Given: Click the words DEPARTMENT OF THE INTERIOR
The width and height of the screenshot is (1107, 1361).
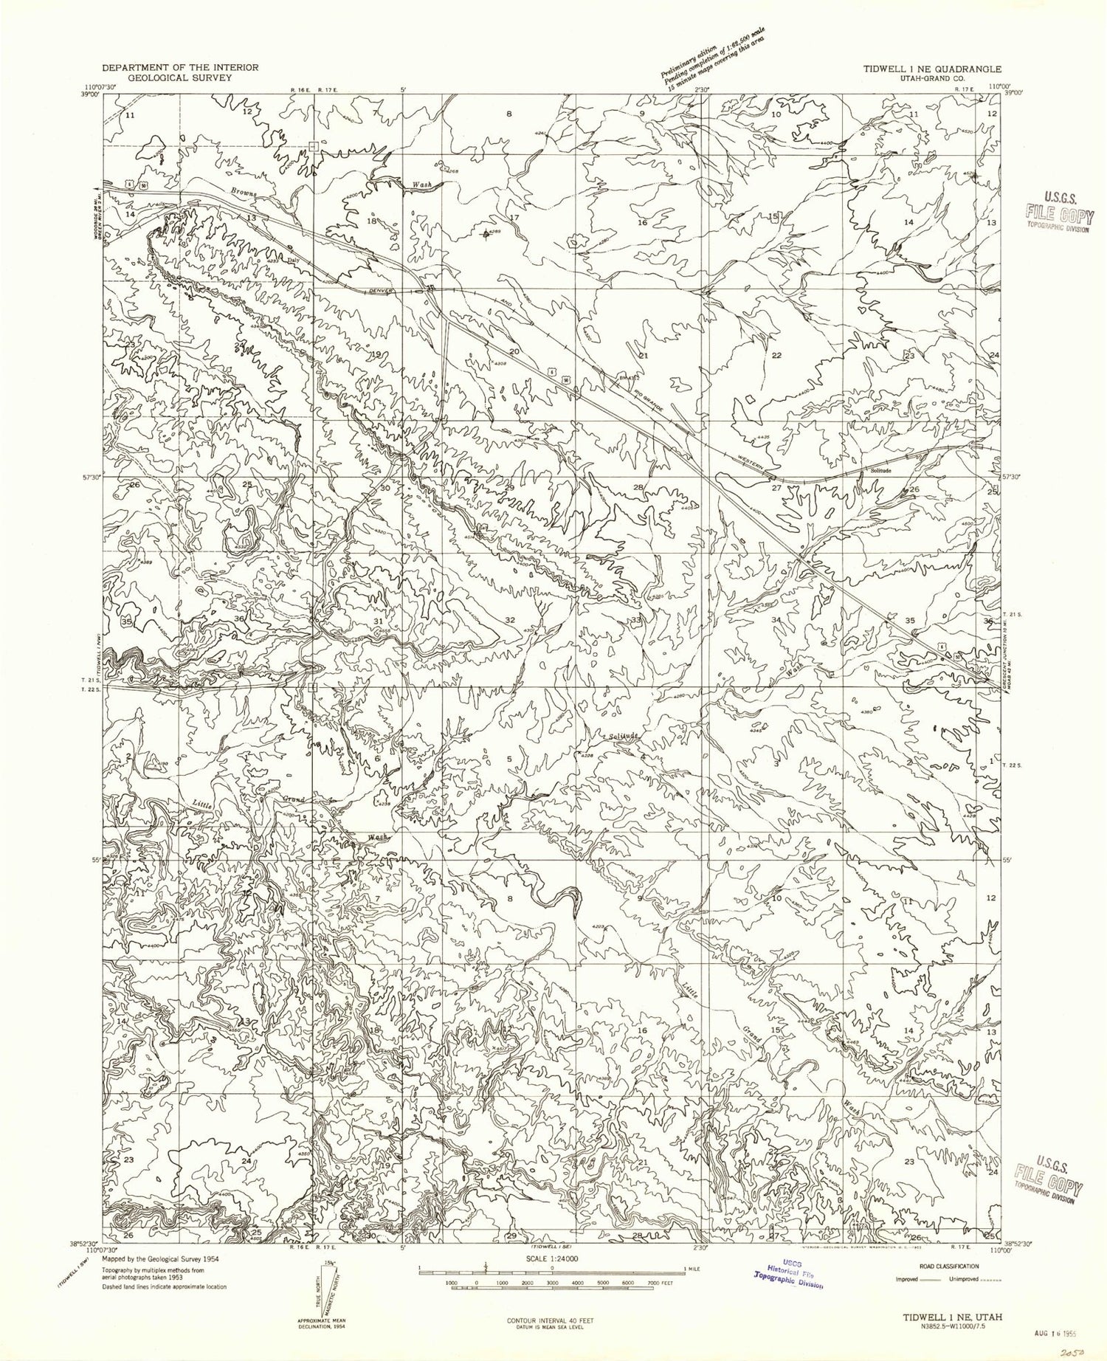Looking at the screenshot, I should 179,67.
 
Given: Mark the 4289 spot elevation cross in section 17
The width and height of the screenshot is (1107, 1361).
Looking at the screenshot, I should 485,235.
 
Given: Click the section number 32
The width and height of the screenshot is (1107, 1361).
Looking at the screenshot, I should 509,620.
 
